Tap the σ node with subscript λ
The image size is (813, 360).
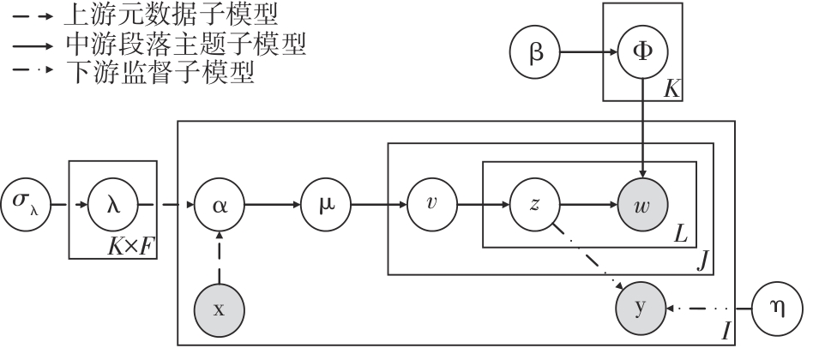click(26, 205)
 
